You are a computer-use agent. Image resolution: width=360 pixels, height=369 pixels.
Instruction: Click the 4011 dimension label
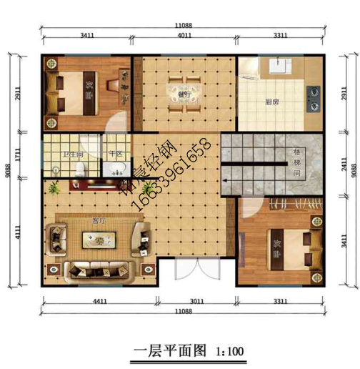coord(184,34)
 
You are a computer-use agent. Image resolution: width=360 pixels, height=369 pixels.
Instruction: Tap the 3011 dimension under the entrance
coord(196,302)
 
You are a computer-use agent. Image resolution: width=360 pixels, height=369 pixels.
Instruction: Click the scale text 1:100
coord(229,352)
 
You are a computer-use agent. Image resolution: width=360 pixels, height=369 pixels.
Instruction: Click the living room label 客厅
coord(99,221)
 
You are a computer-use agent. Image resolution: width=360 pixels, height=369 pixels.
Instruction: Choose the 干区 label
coord(115,154)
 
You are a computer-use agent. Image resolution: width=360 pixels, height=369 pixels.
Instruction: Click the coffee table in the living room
coord(98,240)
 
